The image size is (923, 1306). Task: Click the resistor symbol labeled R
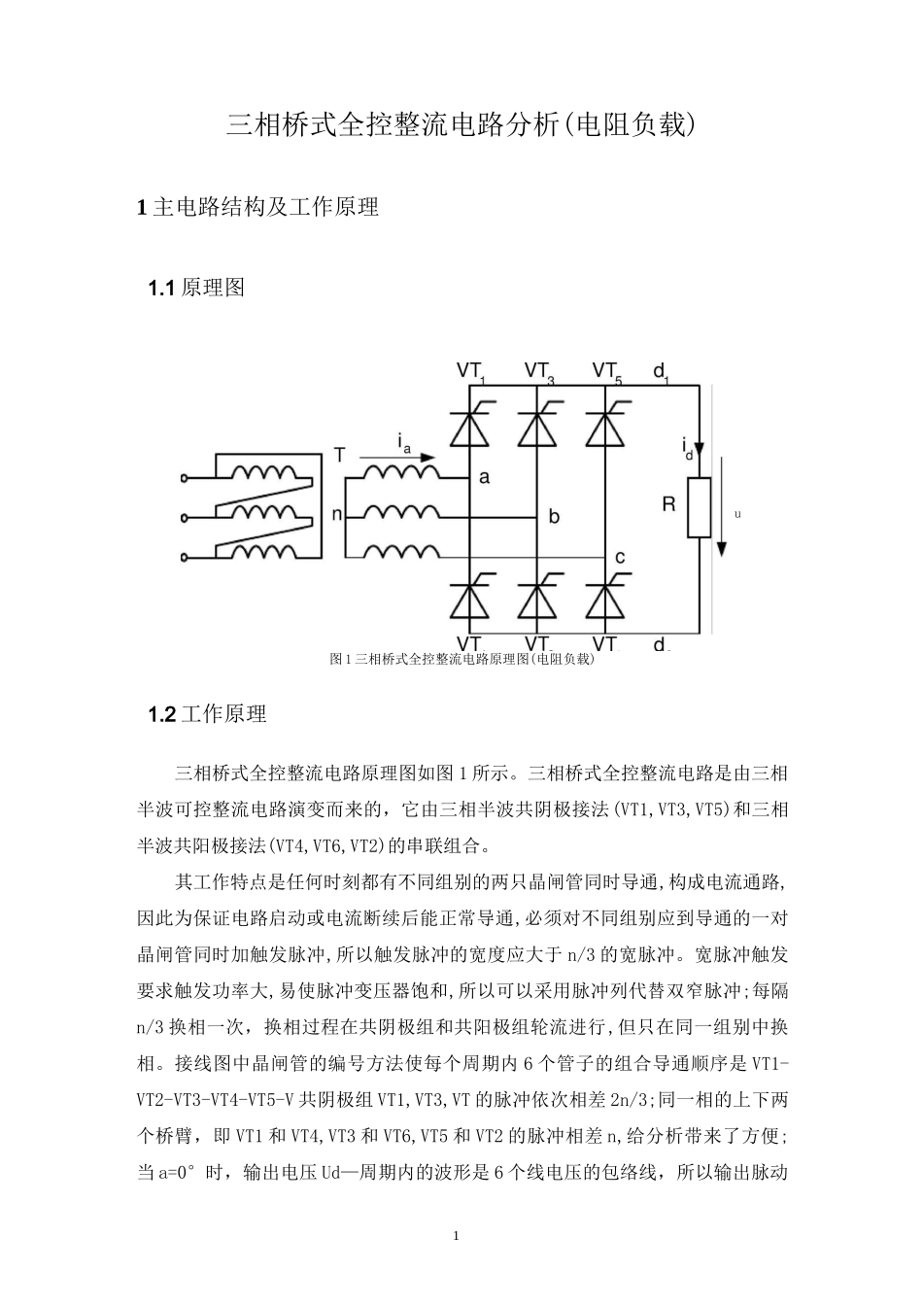click(699, 507)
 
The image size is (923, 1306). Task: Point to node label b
click(554, 517)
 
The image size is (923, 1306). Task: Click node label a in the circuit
click(484, 477)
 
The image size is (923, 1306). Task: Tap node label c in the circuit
click(620, 557)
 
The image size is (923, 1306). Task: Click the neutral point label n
click(337, 515)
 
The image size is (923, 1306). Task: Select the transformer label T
click(338, 455)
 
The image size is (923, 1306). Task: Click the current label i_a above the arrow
click(404, 442)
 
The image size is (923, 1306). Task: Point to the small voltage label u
click(737, 513)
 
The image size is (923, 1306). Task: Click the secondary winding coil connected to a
click(402, 472)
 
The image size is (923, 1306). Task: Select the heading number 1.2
click(160, 714)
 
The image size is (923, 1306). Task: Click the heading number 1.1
click(160, 288)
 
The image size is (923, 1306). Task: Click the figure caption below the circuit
click(461, 659)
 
